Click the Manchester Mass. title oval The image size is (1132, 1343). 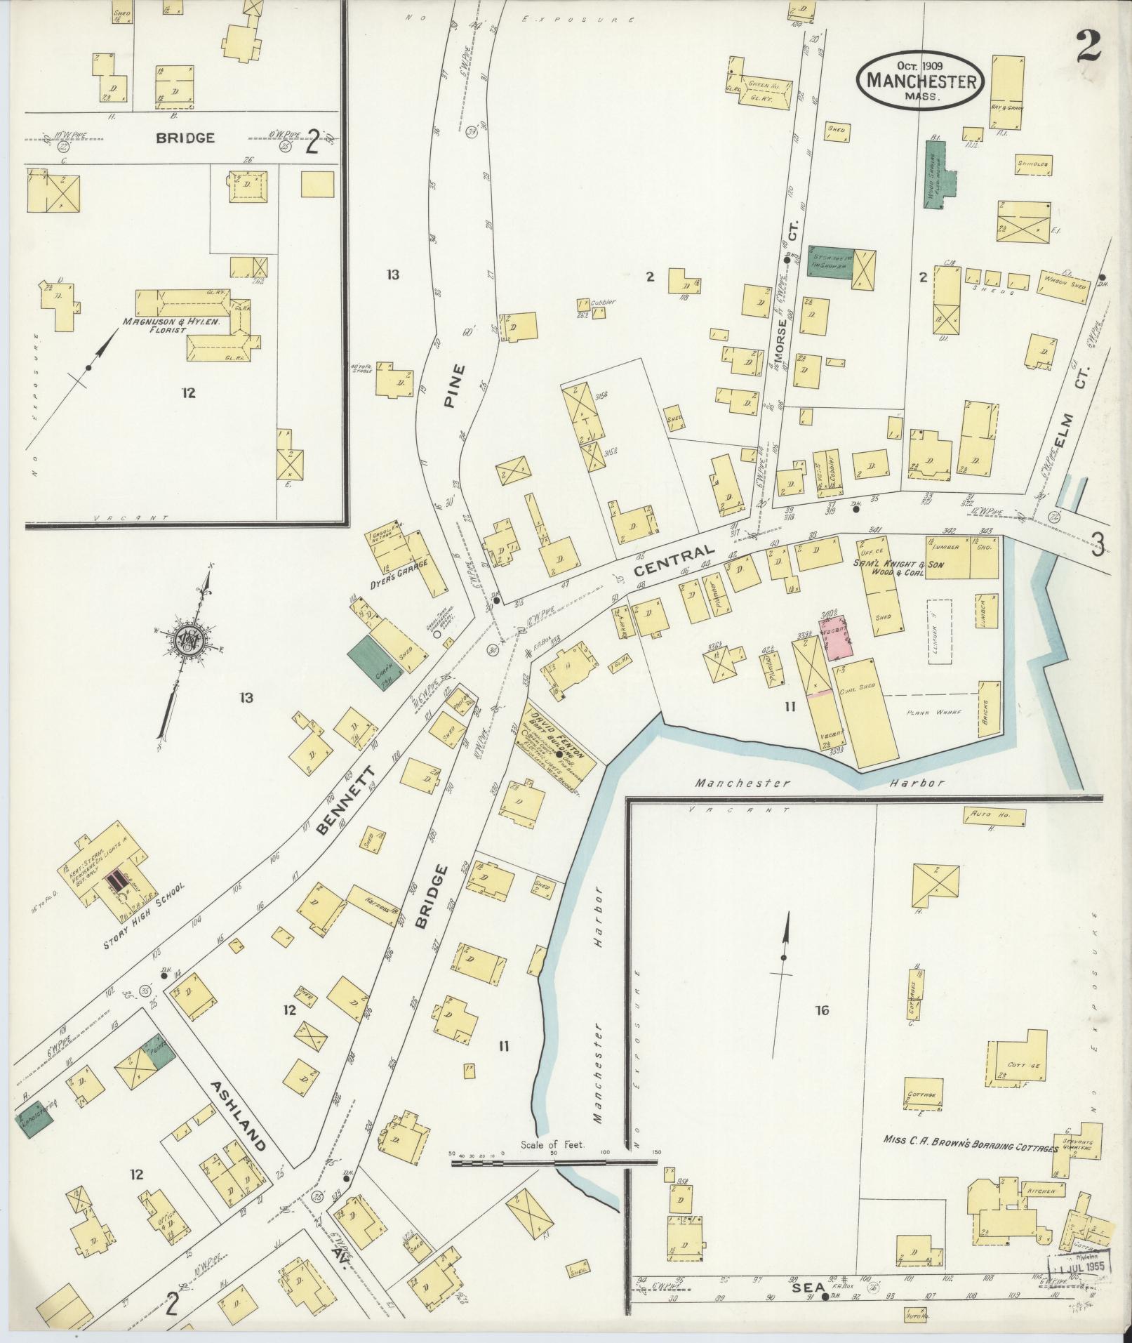(921, 81)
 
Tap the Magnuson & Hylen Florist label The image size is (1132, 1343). (172, 326)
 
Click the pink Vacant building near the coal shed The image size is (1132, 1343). (837, 637)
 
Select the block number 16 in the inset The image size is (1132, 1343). (822, 1010)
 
